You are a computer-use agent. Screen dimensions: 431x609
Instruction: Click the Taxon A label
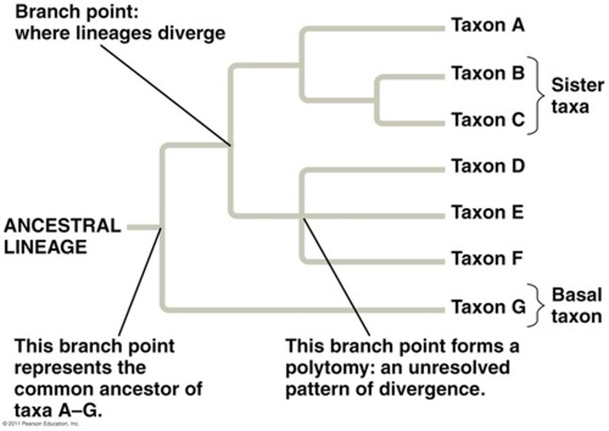[x=488, y=25]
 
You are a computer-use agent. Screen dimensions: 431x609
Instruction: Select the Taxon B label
[x=488, y=74]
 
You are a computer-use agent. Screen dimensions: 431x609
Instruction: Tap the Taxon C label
[x=488, y=120]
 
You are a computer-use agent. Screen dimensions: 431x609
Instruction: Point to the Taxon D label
[x=488, y=166]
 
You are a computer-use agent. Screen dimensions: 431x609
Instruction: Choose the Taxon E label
[x=487, y=212]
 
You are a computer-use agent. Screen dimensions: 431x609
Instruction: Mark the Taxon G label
[x=488, y=307]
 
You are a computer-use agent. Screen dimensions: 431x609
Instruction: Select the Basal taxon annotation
[x=576, y=305]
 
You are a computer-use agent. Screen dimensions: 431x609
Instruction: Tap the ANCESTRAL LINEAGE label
[x=62, y=236]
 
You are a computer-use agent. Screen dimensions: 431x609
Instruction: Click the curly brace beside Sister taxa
[x=536, y=96]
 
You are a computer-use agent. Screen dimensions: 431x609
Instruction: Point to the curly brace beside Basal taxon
[x=536, y=305]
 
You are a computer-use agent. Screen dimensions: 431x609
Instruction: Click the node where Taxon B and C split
[x=378, y=101]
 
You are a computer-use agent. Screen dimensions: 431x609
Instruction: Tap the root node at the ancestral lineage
[x=162, y=228]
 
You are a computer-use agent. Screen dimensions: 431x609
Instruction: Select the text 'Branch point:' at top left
[x=77, y=12]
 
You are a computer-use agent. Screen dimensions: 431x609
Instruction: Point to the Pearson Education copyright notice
[x=41, y=423]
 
